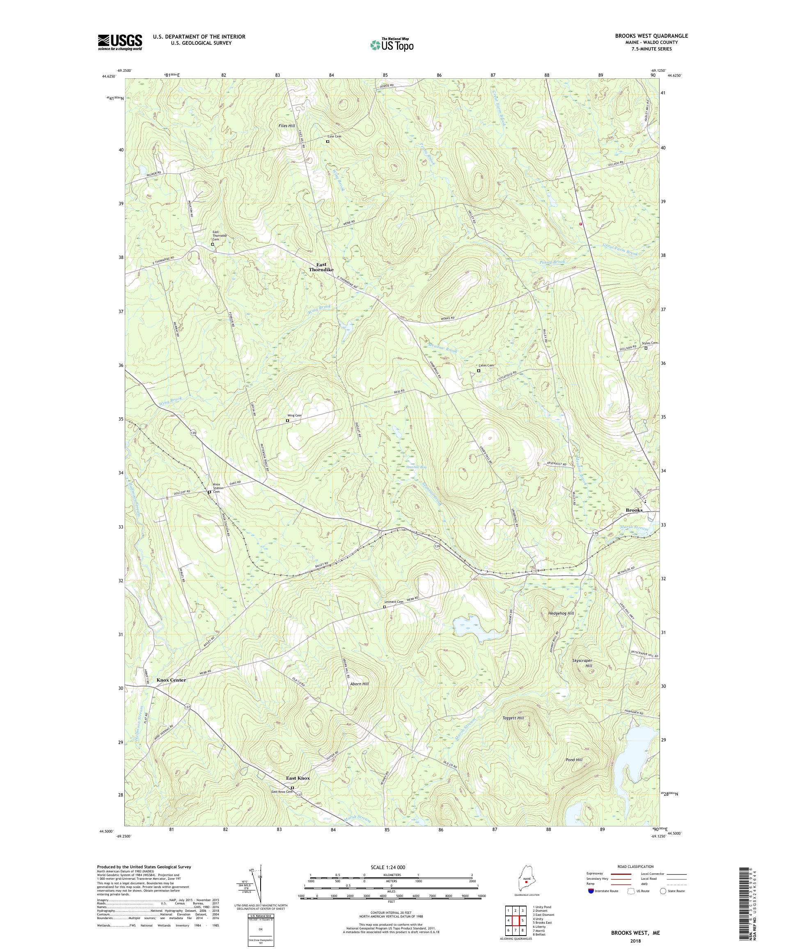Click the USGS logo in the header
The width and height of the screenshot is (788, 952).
pos(120,42)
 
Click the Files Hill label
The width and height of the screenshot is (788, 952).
pos(286,126)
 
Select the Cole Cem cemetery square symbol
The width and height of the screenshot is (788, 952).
pos(328,142)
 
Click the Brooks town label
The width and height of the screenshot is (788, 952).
pos(633,510)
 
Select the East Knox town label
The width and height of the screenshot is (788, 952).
pos(298,778)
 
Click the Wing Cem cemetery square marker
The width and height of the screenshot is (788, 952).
pos(287,420)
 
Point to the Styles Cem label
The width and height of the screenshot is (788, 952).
pos(649,343)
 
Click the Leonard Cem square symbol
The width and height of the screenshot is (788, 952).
pos(385,606)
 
